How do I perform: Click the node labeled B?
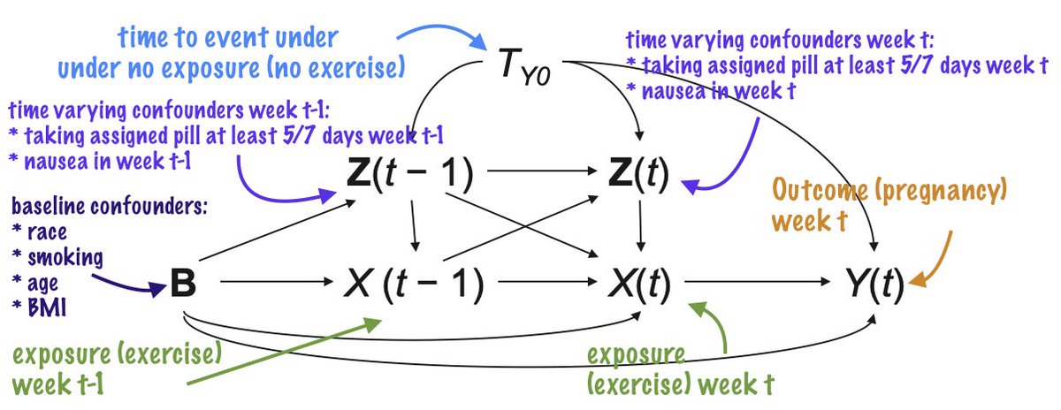click(183, 285)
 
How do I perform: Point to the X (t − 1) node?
click(414, 285)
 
